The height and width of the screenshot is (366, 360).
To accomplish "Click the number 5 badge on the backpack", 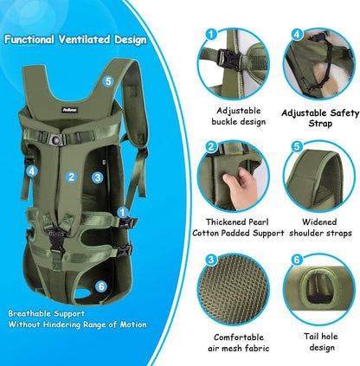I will tap(107, 81).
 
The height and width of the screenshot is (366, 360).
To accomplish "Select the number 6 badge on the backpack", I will tap(101, 286).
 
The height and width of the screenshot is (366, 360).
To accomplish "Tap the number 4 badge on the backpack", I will tap(32, 171).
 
